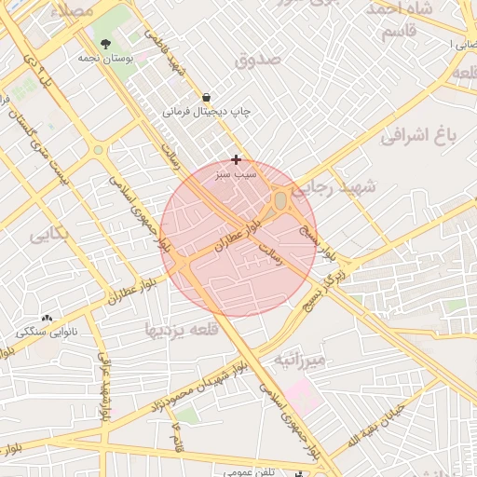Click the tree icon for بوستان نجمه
pyautogui.click(x=104, y=44)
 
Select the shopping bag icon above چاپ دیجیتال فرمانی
pyautogui.click(x=206, y=97)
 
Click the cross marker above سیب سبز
pyautogui.click(x=237, y=159)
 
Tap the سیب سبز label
pyautogui.click(x=236, y=173)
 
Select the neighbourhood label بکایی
pyautogui.click(x=48, y=234)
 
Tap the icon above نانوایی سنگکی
pyautogui.click(x=46, y=318)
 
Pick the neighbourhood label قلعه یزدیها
pyautogui.click(x=181, y=329)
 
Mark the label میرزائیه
pyautogui.click(x=299, y=359)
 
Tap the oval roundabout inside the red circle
pyautogui.click(x=280, y=200)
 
